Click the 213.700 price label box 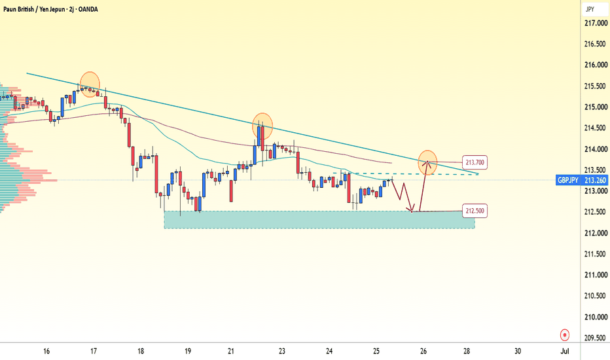pos(475,162)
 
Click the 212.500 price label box pos(475,211)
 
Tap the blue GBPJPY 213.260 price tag pos(582,180)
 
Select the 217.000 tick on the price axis pos(596,24)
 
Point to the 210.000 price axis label pos(596,317)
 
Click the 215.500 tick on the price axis pos(596,86)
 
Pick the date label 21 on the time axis pos(231,351)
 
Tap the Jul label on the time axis pos(564,351)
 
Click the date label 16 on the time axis pos(46,351)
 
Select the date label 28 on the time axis pos(467,351)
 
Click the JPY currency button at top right pos(590,9)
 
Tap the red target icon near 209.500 pos(564,334)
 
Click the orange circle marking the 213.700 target pos(427,162)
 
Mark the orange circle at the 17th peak pos(90,84)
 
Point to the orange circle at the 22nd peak pos(262,126)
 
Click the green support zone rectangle pos(319,219)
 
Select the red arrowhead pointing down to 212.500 pos(411,209)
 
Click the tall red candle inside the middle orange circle pos(262,138)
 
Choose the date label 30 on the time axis pos(518,351)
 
